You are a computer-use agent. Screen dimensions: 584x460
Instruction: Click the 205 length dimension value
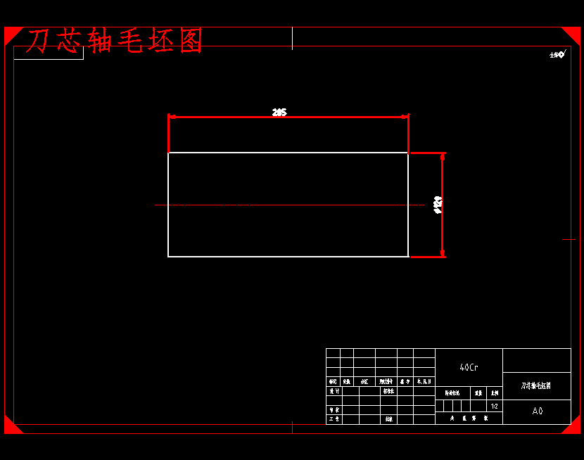279,112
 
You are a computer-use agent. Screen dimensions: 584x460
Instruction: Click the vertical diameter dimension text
438,205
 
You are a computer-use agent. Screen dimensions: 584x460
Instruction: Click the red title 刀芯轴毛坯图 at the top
115,41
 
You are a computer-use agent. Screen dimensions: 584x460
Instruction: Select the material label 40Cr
469,367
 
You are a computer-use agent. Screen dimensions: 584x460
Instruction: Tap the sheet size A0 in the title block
537,411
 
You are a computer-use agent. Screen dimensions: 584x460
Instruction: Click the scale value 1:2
495,406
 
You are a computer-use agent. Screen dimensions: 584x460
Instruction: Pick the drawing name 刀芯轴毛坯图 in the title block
536,385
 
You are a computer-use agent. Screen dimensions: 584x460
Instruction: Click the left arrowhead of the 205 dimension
172,117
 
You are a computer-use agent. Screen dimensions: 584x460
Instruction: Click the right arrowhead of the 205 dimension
405,117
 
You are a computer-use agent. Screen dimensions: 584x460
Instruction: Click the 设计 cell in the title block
334,391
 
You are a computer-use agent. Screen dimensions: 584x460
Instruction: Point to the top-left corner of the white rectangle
168,153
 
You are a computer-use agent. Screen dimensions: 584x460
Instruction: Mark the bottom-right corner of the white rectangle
408,257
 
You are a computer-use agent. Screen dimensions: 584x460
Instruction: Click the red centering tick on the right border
569,239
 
